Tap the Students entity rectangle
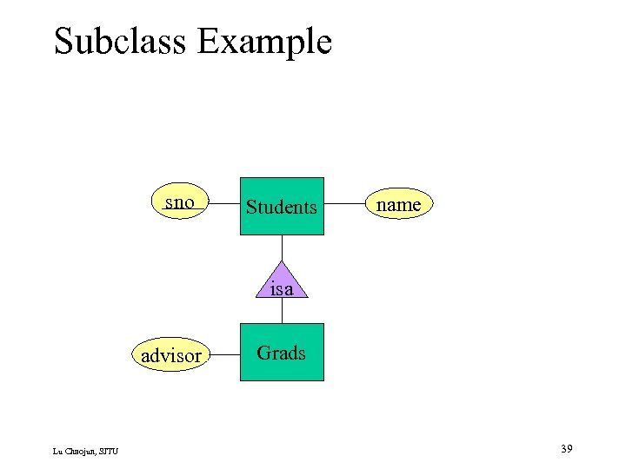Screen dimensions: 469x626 pyautogui.click(x=282, y=207)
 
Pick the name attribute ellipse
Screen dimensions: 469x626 pyautogui.click(x=398, y=205)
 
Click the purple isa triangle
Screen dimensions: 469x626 pyautogui.click(x=282, y=283)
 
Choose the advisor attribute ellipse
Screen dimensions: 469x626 pyautogui.click(x=171, y=355)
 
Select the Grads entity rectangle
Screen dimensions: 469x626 pyautogui.click(x=282, y=353)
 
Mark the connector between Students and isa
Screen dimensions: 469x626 pyautogui.click(x=282, y=248)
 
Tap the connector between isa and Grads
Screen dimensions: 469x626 pyautogui.click(x=282, y=311)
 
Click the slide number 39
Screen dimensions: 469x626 pyautogui.click(x=566, y=449)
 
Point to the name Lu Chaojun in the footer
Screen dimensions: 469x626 pyautogui.click(x=73, y=450)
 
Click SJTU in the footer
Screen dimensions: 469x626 pyautogui.click(x=109, y=450)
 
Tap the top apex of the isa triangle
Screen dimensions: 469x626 pyautogui.click(x=282, y=262)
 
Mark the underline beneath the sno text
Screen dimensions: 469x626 pyautogui.click(x=180, y=211)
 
